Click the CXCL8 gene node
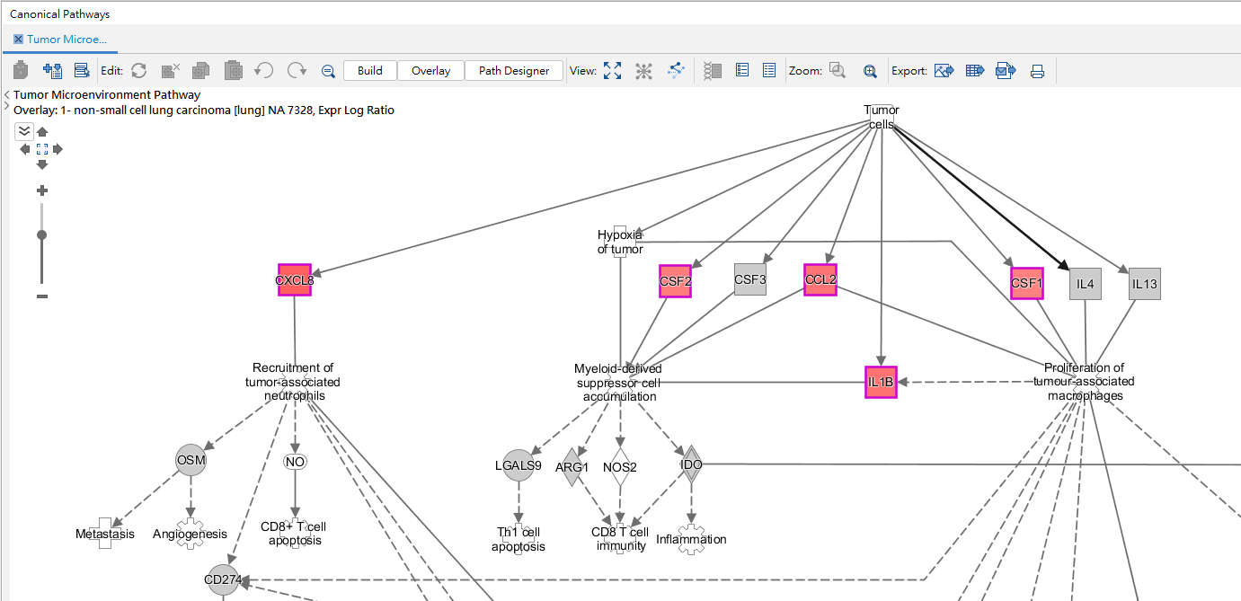click(294, 280)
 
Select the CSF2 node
click(676, 281)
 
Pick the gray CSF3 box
click(750, 279)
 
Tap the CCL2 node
click(820, 279)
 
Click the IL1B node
click(881, 382)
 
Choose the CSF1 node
click(1027, 284)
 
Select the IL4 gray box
click(1086, 284)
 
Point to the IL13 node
click(1145, 284)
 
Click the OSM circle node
click(191, 460)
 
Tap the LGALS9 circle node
click(519, 465)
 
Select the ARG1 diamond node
click(572, 467)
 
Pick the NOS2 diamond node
click(620, 467)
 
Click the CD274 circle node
click(223, 580)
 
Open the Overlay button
click(430, 71)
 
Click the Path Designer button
click(514, 71)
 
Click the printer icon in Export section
click(1037, 71)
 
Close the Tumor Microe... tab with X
click(18, 39)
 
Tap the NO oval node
click(295, 462)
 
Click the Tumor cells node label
click(882, 117)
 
